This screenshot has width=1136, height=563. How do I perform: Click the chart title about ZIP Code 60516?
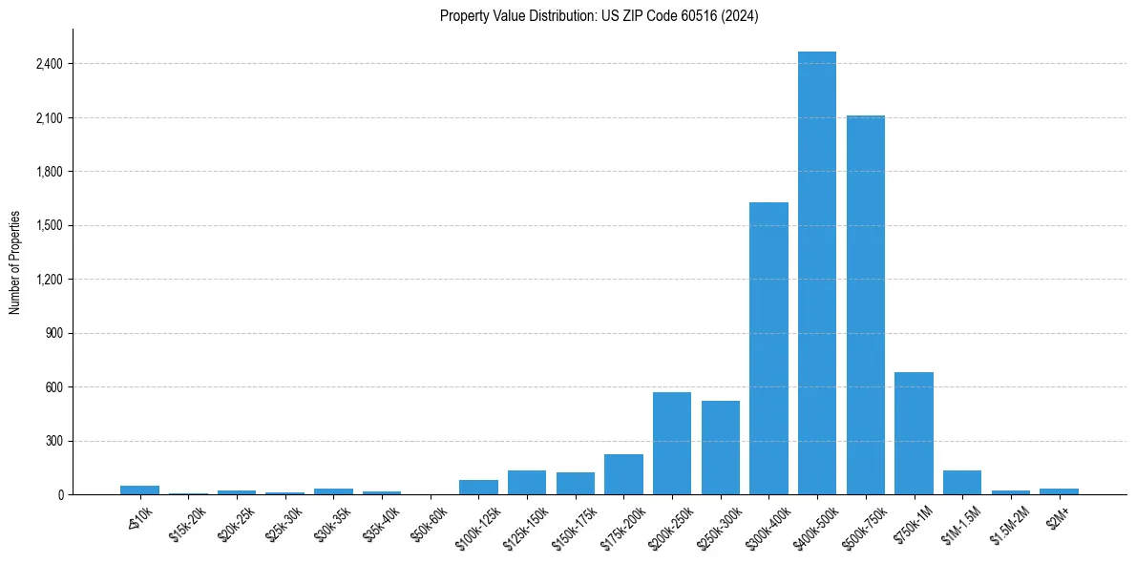[x=599, y=16]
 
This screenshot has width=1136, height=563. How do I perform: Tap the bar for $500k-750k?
[x=865, y=305]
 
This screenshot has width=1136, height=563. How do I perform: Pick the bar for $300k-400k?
[x=768, y=348]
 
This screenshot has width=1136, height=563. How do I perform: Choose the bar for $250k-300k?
[x=720, y=448]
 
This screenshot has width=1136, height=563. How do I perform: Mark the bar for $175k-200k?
[x=623, y=474]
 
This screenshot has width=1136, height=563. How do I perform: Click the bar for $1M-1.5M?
[x=962, y=483]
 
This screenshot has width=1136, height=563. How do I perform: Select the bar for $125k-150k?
[x=527, y=483]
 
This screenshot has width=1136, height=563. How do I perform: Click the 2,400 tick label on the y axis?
[x=49, y=64]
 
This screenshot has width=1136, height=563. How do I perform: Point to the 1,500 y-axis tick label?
[x=49, y=226]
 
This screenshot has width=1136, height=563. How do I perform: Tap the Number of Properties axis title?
[x=15, y=262]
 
